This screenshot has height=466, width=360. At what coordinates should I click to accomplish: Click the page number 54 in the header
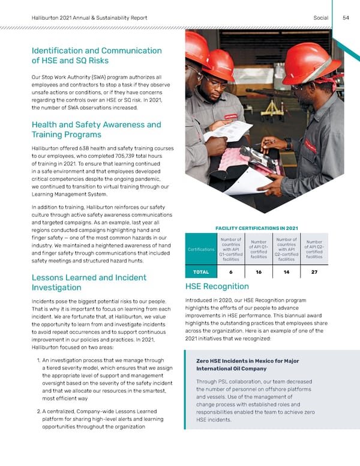tap(346, 17)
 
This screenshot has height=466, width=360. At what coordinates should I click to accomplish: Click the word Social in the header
tap(320, 17)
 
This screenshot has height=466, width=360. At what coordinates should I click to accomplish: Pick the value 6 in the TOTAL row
tap(231, 271)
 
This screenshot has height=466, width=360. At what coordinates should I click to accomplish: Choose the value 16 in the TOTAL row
tap(259, 271)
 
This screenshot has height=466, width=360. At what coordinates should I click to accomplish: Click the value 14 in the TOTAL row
tap(286, 271)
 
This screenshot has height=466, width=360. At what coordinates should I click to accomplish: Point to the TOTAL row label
tap(200, 271)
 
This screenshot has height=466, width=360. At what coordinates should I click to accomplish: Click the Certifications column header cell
tap(201, 249)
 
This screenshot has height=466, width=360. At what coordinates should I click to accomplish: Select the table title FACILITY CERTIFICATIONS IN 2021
tap(256, 227)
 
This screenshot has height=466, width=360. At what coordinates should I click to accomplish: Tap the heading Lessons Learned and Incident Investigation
tap(88, 283)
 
